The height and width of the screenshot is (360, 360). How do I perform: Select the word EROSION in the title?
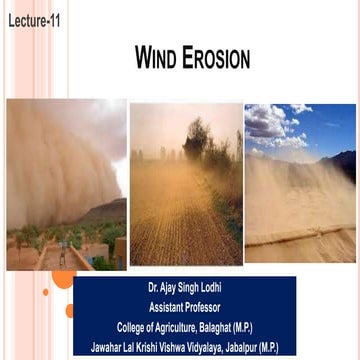[216, 60]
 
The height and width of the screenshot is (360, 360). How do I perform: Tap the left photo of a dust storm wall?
[66, 185]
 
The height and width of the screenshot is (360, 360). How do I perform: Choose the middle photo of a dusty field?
[185, 185]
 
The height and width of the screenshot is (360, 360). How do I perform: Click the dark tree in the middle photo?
[201, 150]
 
